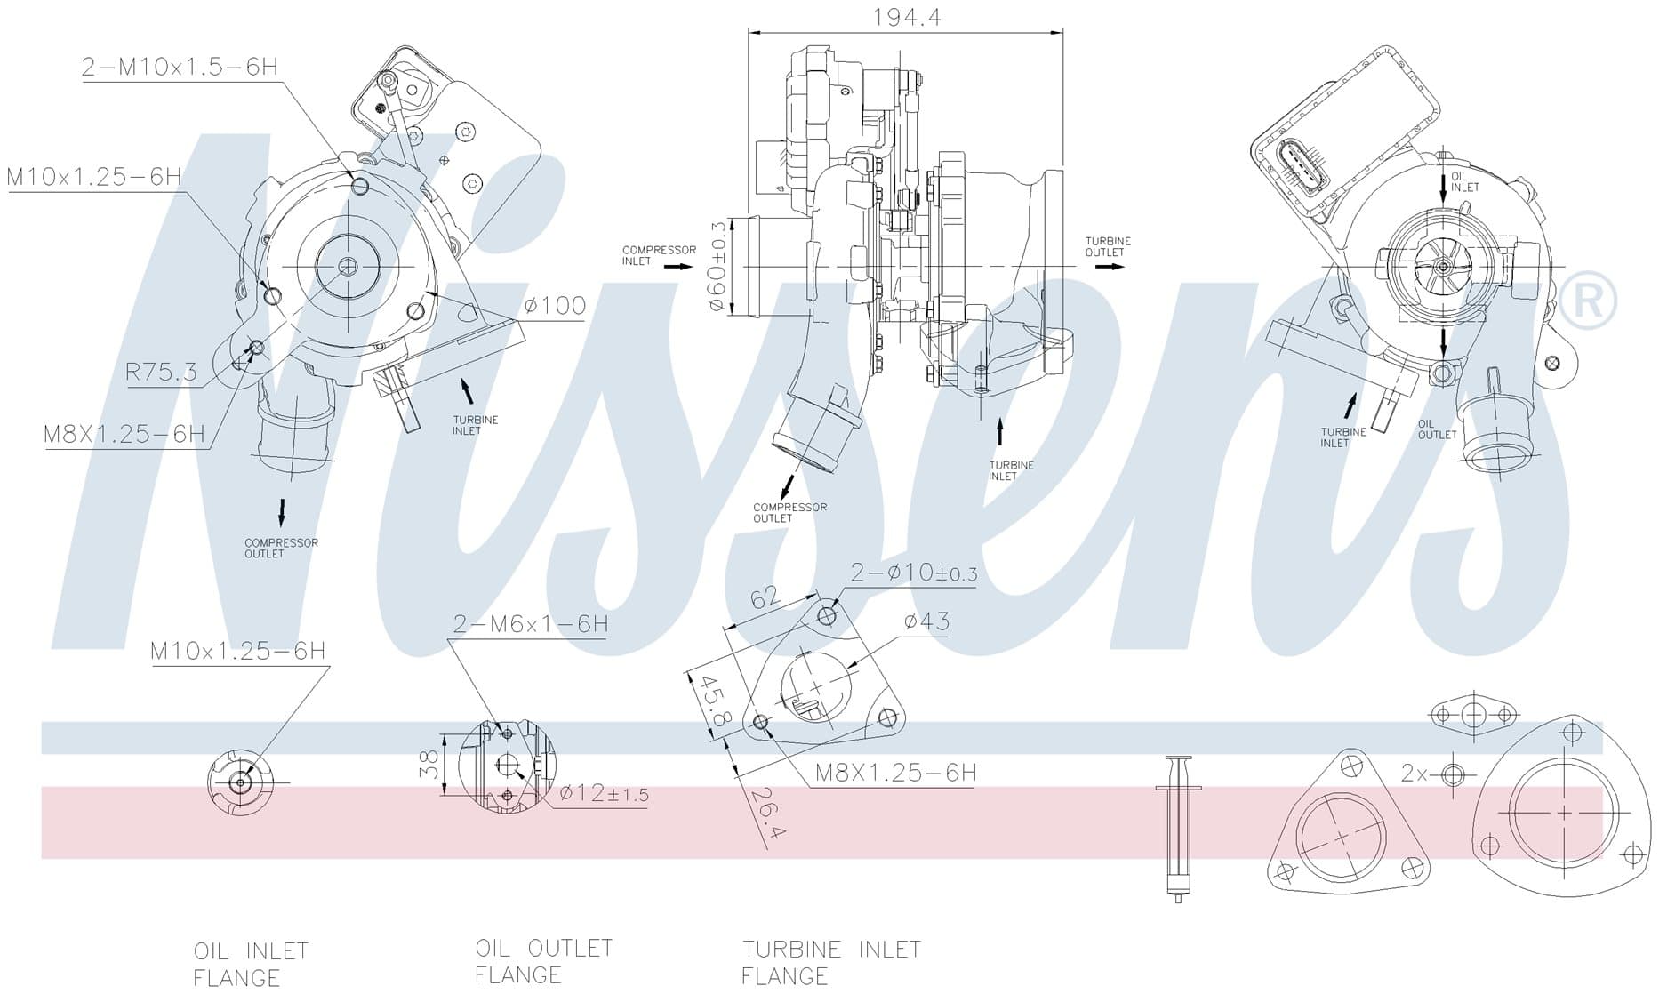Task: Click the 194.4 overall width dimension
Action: (x=907, y=17)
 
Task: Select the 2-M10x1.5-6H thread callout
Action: (x=180, y=67)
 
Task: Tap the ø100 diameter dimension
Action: (x=555, y=306)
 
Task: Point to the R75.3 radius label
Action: (x=162, y=372)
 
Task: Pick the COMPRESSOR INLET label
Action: (x=659, y=255)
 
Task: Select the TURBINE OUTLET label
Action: (x=1108, y=246)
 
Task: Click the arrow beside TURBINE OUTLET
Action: (x=1110, y=267)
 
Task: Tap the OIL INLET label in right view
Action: (x=1465, y=181)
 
